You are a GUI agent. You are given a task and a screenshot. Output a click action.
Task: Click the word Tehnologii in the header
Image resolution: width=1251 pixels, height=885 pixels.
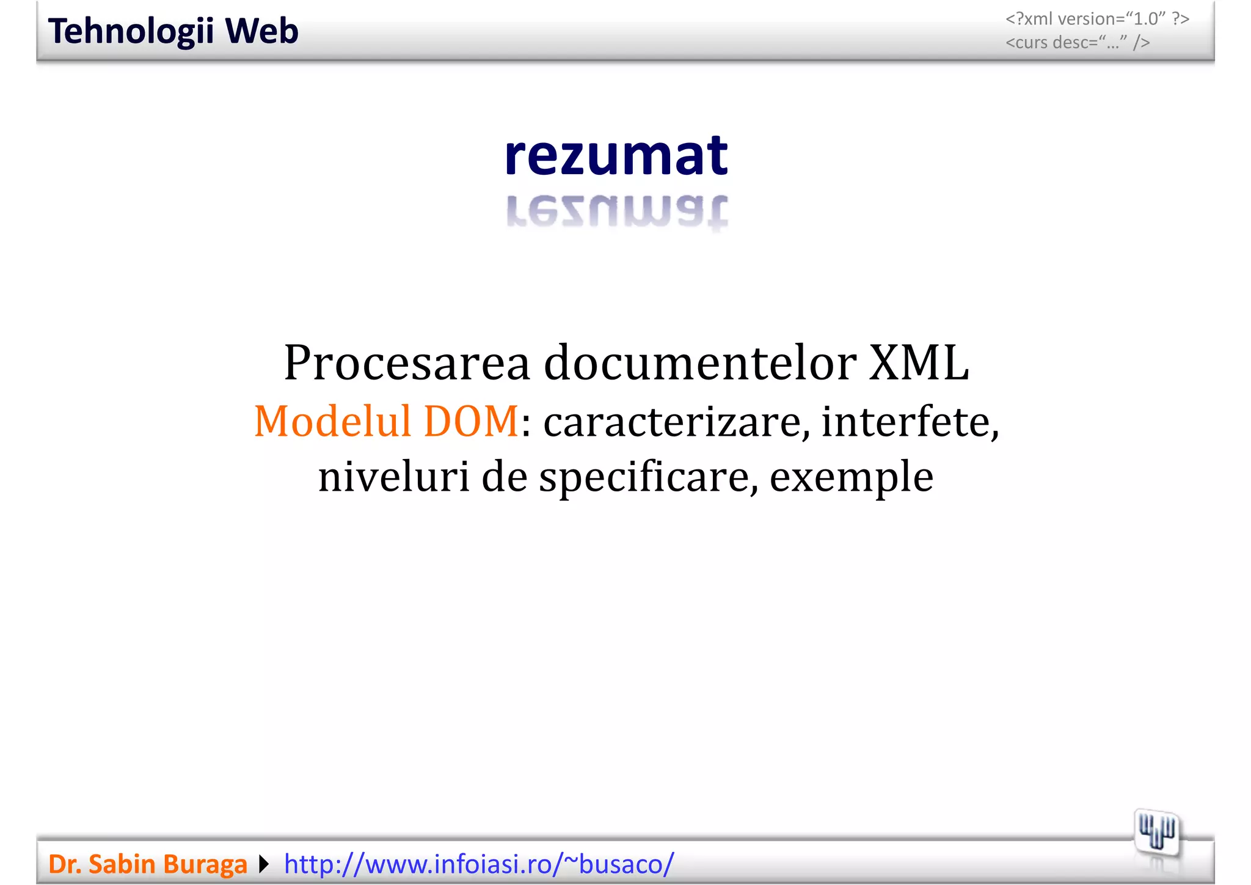coord(131,31)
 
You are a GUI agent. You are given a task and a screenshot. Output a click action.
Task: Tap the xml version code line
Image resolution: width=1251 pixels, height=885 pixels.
coord(1097,19)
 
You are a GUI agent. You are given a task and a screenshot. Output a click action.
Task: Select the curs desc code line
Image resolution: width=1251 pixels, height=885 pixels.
coord(1078,43)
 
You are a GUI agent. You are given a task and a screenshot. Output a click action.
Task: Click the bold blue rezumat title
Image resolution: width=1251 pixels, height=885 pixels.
coord(616,156)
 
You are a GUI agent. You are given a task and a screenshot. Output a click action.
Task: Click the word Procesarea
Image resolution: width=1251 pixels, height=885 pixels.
coord(407,363)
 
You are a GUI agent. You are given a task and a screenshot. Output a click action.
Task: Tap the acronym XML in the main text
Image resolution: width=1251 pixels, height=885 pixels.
coord(919,363)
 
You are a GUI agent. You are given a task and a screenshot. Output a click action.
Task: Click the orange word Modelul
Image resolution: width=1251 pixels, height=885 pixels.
coord(332,422)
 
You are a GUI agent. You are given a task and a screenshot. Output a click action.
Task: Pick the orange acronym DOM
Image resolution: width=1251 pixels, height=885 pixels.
coord(471,422)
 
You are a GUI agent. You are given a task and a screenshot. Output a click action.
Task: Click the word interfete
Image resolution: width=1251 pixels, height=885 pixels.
coord(910,422)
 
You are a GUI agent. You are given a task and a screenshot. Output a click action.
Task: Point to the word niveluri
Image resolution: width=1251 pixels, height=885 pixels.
coord(393,477)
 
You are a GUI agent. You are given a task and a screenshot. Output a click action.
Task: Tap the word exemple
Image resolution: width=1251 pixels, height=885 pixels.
coord(851,477)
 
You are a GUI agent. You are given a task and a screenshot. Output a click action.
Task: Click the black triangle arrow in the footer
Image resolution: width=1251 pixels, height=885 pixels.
coord(264,864)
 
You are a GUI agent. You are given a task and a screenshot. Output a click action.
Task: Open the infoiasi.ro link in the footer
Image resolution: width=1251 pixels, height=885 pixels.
coord(479,864)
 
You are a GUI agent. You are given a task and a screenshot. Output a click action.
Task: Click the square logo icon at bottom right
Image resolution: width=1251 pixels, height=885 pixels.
coord(1157,832)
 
